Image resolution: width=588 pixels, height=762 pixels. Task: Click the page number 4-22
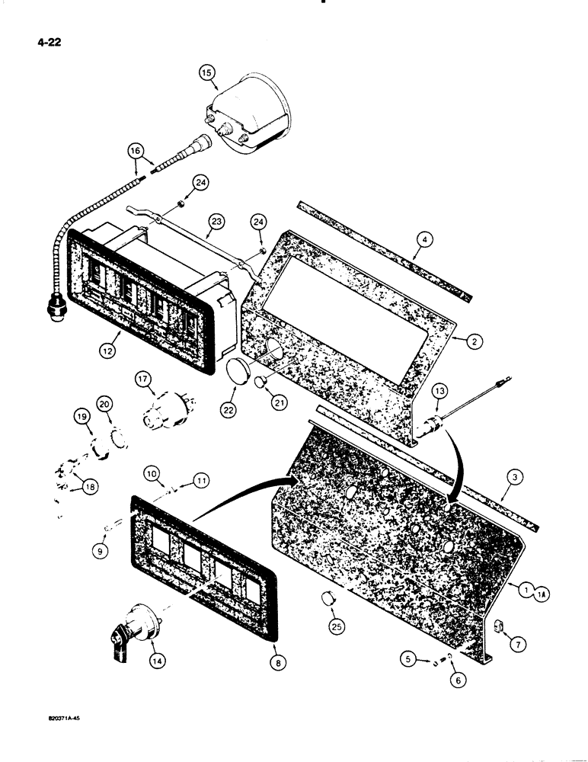pyautogui.click(x=46, y=43)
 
